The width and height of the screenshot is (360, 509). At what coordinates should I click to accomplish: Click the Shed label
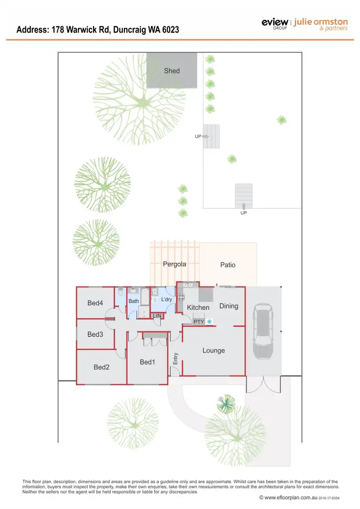pyautogui.click(x=172, y=71)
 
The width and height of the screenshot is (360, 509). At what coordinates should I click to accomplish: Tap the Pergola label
pyautogui.click(x=174, y=264)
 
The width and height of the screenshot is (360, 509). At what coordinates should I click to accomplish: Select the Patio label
pyautogui.click(x=228, y=265)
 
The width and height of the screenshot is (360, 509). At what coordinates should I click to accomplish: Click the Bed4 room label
pyautogui.click(x=95, y=303)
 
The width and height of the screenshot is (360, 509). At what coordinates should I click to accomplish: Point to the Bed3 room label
pyautogui.click(x=95, y=334)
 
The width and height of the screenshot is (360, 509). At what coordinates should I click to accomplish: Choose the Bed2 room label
pyautogui.click(x=102, y=367)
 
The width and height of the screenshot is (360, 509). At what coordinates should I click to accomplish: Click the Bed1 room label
pyautogui.click(x=147, y=362)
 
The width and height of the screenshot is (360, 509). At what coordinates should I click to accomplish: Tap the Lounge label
pyautogui.click(x=214, y=351)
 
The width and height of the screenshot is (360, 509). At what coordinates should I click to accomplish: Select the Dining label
pyautogui.click(x=228, y=306)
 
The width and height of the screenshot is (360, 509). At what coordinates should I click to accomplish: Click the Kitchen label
pyautogui.click(x=198, y=308)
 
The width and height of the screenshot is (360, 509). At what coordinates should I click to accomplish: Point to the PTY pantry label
pyautogui.click(x=199, y=321)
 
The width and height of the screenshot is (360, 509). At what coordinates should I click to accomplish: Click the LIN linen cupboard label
pyautogui.click(x=156, y=316)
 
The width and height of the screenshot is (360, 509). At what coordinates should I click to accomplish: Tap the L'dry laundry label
pyautogui.click(x=167, y=299)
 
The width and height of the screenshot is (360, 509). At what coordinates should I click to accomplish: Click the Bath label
pyautogui.click(x=133, y=301)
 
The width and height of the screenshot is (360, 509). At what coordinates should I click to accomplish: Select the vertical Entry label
pyautogui.click(x=176, y=358)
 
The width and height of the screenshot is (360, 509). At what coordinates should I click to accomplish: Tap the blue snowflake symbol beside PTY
pyautogui.click(x=209, y=321)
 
